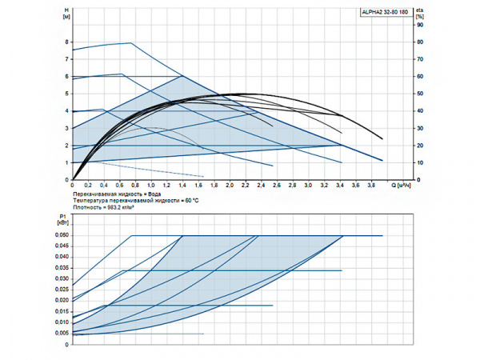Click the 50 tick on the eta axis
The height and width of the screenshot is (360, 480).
point(420,94)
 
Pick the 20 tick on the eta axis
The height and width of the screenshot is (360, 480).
point(420,146)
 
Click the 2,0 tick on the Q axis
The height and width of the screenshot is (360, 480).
point(230,186)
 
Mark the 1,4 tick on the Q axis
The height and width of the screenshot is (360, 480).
point(183,186)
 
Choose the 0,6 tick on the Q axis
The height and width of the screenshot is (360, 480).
point(120,186)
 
